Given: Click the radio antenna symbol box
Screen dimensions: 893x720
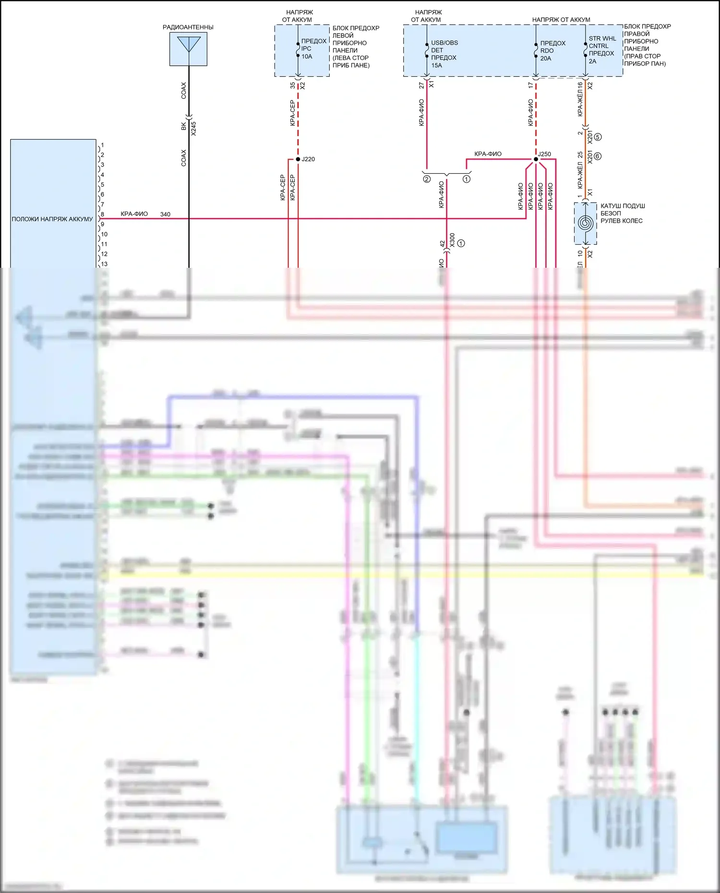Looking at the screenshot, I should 188,49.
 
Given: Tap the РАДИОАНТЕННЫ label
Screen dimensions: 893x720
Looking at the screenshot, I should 188,27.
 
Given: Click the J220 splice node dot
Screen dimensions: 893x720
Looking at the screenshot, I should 298,159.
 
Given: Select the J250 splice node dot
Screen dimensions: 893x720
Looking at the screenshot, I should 536,159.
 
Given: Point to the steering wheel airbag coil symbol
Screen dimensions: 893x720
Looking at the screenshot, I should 586,223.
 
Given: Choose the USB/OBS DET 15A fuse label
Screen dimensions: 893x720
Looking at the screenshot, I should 444,54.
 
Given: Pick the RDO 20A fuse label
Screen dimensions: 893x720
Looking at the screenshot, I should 552,51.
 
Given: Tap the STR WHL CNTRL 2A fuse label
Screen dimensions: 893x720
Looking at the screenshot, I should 602,50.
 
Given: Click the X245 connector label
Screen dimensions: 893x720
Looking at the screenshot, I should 193,128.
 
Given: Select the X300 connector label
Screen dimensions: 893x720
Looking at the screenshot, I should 452,240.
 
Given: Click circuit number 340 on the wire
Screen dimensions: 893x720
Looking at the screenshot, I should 165,214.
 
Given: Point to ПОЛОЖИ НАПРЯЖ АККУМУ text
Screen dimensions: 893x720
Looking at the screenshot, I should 52,219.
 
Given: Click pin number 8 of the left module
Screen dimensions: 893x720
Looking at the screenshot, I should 102,214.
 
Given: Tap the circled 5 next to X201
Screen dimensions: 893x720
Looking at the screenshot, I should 598,137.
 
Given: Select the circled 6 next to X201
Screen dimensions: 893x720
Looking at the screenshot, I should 598,156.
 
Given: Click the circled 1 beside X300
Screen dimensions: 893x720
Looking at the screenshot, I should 461,243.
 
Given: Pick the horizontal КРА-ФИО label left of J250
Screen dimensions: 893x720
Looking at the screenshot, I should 488,154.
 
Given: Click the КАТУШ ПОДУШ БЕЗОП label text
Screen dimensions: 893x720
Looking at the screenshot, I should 622,214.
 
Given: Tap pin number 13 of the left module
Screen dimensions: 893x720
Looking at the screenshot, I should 104,264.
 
